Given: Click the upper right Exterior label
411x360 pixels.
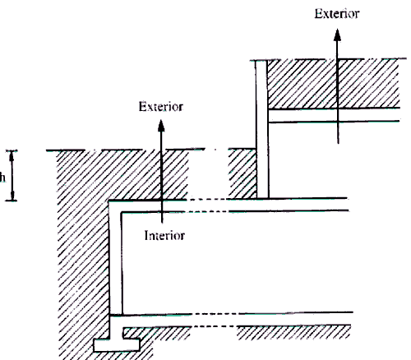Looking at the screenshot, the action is coord(337,14).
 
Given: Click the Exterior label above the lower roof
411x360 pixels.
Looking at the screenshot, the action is coord(161,107).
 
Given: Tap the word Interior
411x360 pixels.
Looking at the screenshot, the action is coord(164,236).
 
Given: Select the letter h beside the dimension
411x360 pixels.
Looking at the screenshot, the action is coord(2,178).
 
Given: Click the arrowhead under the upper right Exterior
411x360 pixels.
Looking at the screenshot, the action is coord(337,35).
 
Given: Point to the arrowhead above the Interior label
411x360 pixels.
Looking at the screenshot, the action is coord(161,126).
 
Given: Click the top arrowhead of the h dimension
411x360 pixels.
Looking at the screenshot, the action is coord(12,155).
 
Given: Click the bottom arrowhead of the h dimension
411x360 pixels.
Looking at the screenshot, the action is coord(12,196).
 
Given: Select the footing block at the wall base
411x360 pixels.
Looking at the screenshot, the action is coord(117,345).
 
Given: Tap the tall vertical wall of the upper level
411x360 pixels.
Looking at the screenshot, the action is coord(262,129).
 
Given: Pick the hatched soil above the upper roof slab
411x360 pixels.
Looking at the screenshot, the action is coord(333,84).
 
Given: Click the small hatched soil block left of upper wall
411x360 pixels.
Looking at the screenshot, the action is coord(242,173).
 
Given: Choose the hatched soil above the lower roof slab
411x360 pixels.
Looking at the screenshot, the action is coord(122,175).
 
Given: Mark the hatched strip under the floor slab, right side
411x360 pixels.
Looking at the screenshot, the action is coord(293,332).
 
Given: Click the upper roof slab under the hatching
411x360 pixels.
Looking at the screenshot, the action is coord(334,115).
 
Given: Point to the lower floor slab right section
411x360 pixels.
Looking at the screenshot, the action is coord(295,320).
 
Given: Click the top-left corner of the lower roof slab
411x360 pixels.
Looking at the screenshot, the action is coord(109,201).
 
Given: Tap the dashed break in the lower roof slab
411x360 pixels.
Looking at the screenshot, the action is coord(208,205).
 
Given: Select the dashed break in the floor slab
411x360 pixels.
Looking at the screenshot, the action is coord(215,320).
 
